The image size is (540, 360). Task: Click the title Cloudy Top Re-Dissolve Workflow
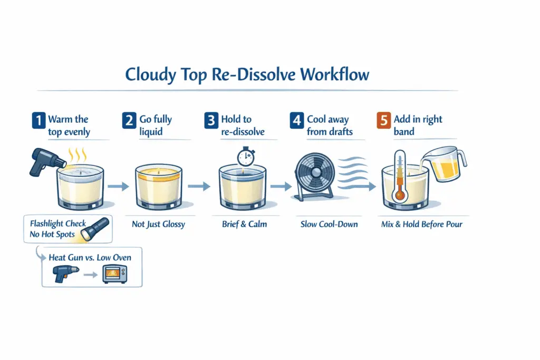[247, 74]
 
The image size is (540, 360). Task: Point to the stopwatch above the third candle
[243, 157]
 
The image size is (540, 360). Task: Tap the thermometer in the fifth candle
[400, 174]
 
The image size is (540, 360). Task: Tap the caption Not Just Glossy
[158, 225]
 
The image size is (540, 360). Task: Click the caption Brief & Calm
[244, 225]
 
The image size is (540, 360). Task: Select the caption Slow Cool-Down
[330, 225]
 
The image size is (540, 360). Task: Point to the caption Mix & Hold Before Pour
[421, 225]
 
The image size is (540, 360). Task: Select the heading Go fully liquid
[156, 125]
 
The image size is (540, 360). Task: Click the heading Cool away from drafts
[328, 125]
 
